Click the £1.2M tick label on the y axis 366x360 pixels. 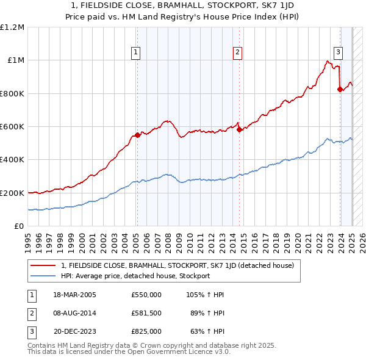coord(12,27)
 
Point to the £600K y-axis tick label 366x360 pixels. coord(12,127)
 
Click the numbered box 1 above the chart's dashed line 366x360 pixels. coord(135,52)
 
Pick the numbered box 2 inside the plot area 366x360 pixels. coord(237,52)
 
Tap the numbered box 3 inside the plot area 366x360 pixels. coord(338,52)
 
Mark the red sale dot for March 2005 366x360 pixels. coord(137,135)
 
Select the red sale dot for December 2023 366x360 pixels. coord(340,90)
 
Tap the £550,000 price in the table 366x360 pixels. coord(146,295)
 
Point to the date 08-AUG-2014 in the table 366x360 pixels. coord(74,313)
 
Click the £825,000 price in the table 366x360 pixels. coord(146,331)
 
